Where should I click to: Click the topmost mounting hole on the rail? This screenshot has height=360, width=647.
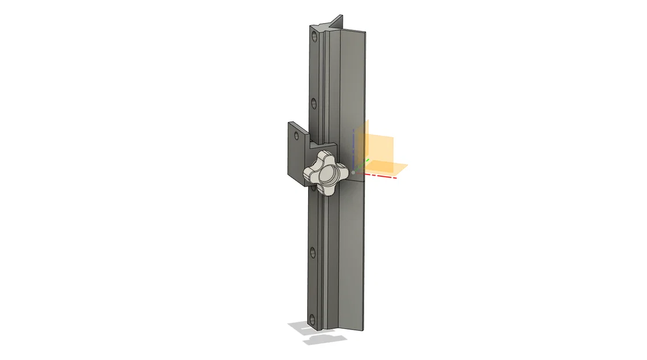tap(314, 36)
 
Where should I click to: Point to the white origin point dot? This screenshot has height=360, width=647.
tap(353, 172)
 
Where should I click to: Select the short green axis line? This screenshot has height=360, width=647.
tap(360, 168)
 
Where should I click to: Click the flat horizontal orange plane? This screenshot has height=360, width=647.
tap(386, 168)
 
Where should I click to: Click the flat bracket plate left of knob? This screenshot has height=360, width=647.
tap(295, 153)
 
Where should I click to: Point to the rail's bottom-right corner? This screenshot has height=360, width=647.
tap(364, 331)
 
